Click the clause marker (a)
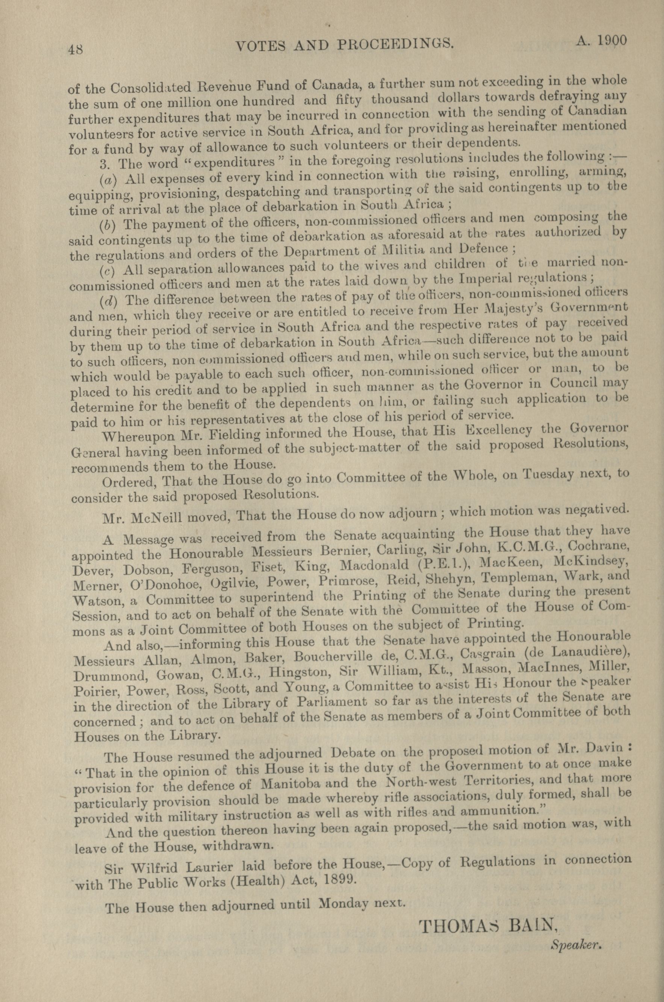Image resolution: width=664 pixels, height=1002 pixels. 108,179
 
